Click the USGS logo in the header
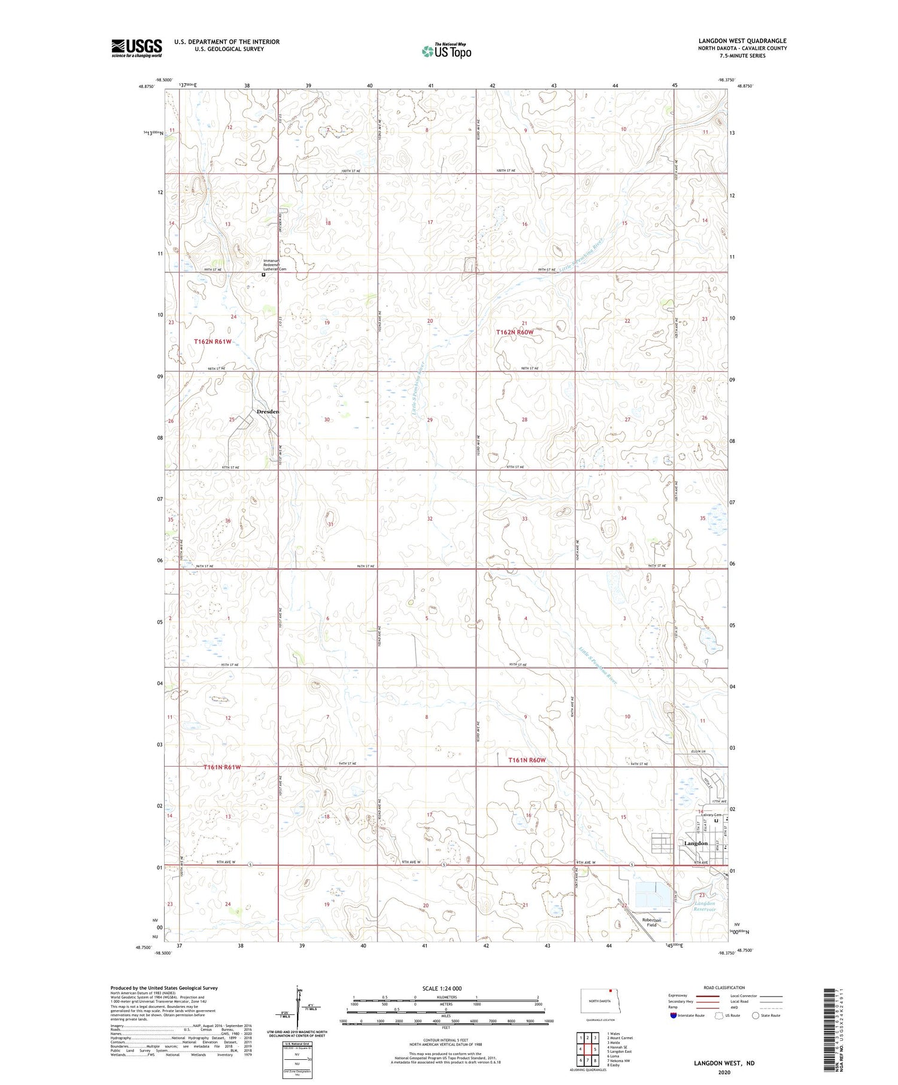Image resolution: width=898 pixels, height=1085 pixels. pos(136,48)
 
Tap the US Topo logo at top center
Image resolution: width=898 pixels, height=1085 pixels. pos(446,51)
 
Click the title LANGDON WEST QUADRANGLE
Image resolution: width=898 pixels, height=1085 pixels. pos(742,41)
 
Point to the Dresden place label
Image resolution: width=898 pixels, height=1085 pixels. pos(268,412)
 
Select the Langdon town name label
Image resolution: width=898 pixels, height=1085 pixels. pos(696,843)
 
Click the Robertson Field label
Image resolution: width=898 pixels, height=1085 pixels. pos(651,922)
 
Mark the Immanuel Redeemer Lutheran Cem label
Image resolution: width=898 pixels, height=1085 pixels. pos(275,265)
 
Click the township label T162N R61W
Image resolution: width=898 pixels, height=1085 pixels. pos(213,341)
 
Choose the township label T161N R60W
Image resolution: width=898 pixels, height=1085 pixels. pos(527,760)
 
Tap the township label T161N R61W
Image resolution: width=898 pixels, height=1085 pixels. pos(222,767)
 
